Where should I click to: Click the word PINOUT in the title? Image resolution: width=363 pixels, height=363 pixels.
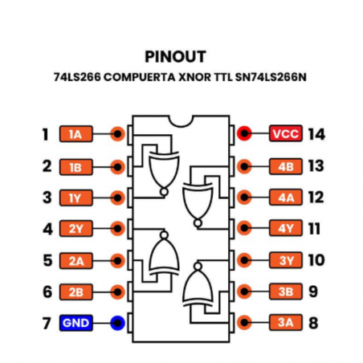[x=175, y=56]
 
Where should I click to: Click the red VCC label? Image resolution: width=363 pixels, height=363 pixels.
[x=285, y=134]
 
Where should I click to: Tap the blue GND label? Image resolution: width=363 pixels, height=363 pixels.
[x=76, y=324]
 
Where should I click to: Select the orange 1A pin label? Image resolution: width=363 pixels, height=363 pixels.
[x=76, y=134]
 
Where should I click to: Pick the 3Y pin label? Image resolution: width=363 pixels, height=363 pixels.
[x=285, y=260]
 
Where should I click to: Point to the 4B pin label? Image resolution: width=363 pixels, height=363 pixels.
[x=285, y=166]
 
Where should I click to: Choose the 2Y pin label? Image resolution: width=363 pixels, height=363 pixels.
[x=76, y=229]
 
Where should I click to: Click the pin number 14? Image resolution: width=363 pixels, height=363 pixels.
[x=316, y=134]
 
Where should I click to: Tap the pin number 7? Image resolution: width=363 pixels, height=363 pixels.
[x=47, y=324]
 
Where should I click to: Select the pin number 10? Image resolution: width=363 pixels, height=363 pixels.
[x=316, y=260]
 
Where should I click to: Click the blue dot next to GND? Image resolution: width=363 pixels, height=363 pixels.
[x=118, y=324]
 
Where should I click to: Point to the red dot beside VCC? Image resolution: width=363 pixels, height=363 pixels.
[x=244, y=134]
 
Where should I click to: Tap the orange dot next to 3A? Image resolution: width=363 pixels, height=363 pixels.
[x=244, y=324]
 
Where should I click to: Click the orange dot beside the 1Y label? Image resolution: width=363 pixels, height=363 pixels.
[x=118, y=198]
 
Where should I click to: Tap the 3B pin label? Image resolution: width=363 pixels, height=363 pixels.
[x=285, y=292]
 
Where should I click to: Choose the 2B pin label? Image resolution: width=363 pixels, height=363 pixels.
[x=76, y=292]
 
